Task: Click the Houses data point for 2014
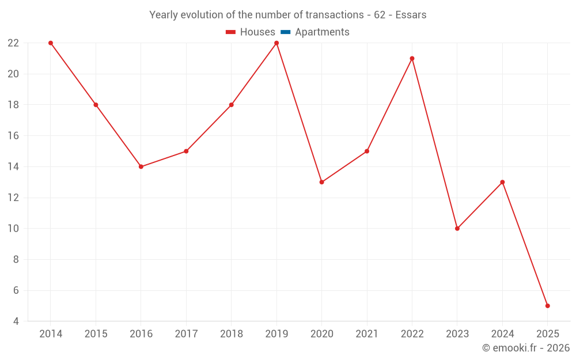[51, 43]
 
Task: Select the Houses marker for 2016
[141, 166]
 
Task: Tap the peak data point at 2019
[276, 43]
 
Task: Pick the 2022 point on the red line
[412, 58]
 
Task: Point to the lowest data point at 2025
[547, 306]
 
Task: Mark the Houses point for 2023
[457, 229]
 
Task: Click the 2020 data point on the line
[321, 182]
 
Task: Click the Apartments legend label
[322, 32]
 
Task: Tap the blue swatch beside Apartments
[285, 32]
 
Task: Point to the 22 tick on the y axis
[13, 43]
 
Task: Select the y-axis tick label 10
[13, 229]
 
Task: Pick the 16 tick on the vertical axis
[13, 136]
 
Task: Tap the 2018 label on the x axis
[232, 334]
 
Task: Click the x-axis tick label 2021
[367, 334]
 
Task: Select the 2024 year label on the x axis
[502, 334]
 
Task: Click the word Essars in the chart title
[411, 15]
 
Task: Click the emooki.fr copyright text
[526, 348]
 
